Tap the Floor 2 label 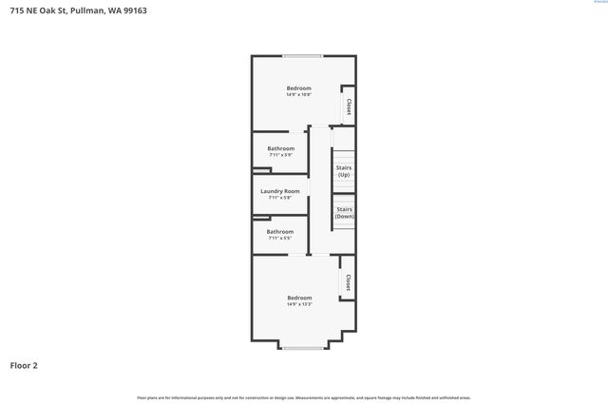pyautogui.click(x=25, y=365)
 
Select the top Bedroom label pyautogui.click(x=299, y=88)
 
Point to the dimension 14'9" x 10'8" pyautogui.click(x=299, y=95)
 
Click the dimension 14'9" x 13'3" pyautogui.click(x=299, y=304)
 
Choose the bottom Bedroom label pyautogui.click(x=299, y=298)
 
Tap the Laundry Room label pyautogui.click(x=280, y=191)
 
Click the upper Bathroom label pyautogui.click(x=280, y=148)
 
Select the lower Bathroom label pyautogui.click(x=279, y=231)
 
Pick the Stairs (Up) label pyautogui.click(x=344, y=171)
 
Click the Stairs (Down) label pyautogui.click(x=345, y=212)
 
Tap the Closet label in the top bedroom pyautogui.click(x=349, y=106)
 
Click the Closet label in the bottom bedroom pyautogui.click(x=348, y=282)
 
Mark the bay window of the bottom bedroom pyautogui.click(x=302, y=348)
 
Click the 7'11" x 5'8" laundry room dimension pyautogui.click(x=280, y=198)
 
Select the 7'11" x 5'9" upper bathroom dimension pyautogui.click(x=280, y=155)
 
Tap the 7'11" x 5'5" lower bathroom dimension pyautogui.click(x=279, y=238)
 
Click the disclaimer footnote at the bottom pyautogui.click(x=304, y=397)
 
